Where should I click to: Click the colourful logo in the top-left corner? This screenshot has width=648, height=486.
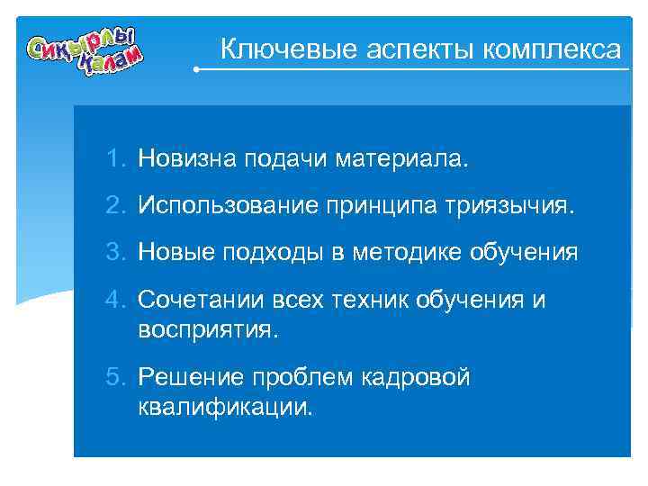tap(85, 54)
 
